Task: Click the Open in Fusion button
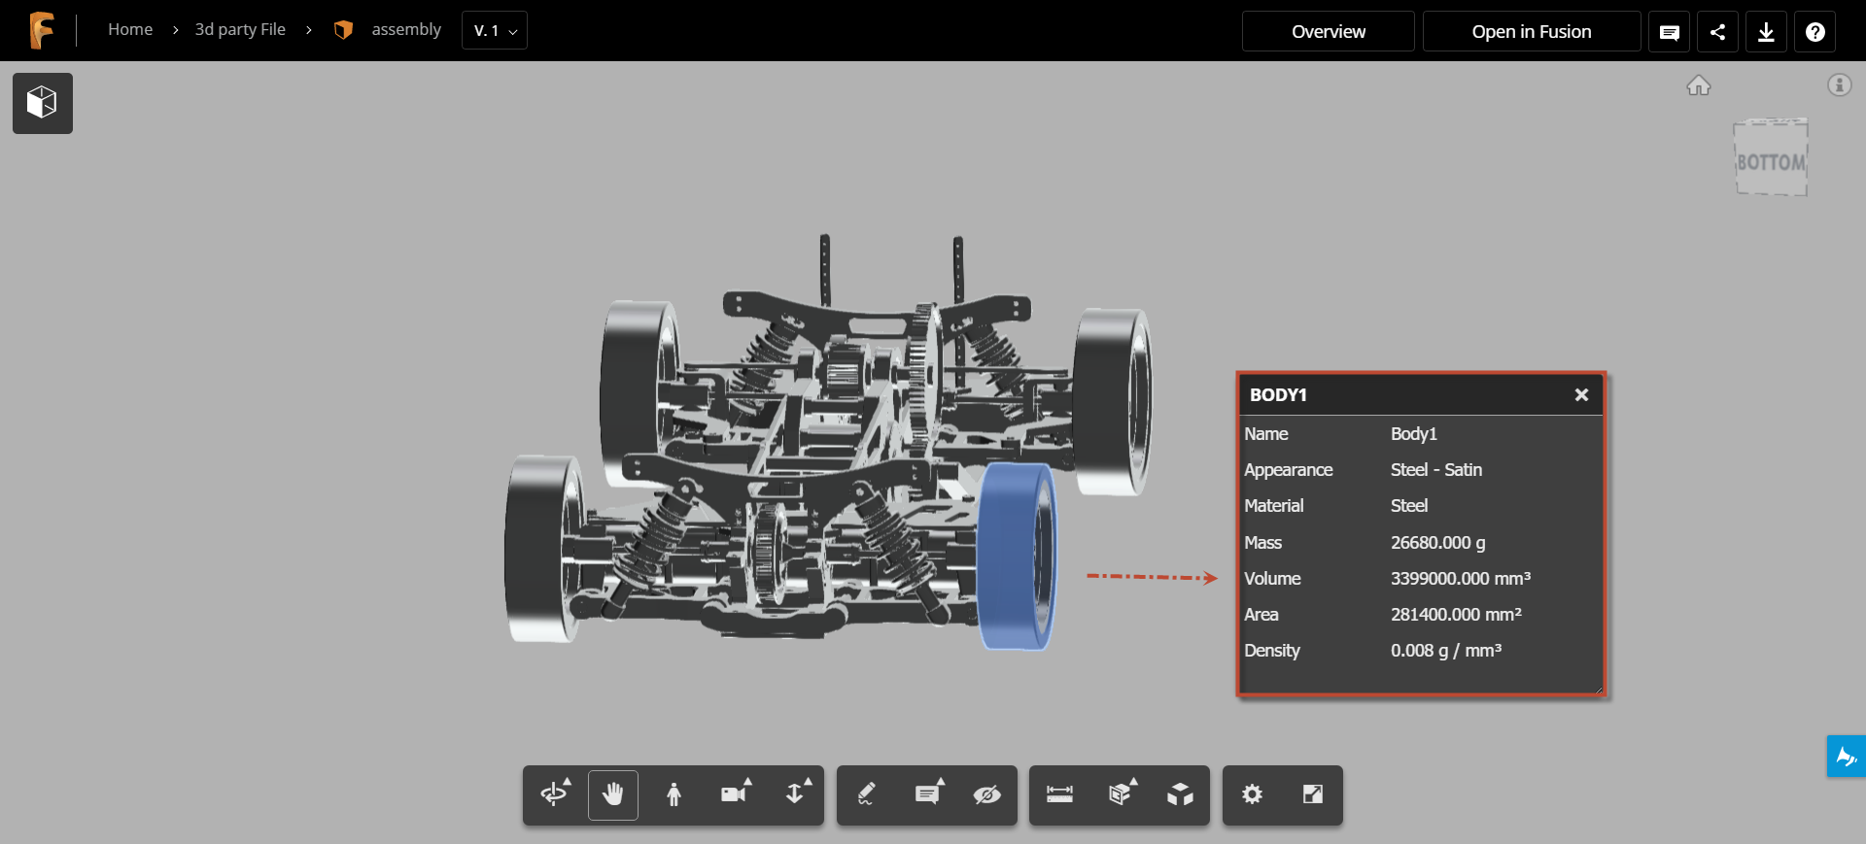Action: [1531, 31]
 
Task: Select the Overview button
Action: [1328, 31]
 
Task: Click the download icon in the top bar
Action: [1766, 32]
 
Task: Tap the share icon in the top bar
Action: [1717, 32]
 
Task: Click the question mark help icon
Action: [1814, 32]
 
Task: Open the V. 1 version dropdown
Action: [495, 31]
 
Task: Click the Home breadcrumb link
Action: [130, 29]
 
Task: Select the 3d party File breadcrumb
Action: [240, 29]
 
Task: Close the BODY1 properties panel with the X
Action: [1581, 394]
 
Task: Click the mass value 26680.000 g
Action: [1437, 543]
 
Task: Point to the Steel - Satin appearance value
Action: [1435, 470]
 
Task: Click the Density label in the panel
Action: [1271, 651]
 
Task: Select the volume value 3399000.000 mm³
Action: [1460, 579]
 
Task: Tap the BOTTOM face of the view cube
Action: [1771, 161]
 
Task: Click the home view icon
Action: [1698, 85]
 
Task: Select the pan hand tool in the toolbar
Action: [612, 794]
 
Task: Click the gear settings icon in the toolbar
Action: [1252, 794]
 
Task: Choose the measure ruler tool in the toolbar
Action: [1059, 794]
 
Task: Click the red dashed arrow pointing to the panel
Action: [1151, 577]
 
